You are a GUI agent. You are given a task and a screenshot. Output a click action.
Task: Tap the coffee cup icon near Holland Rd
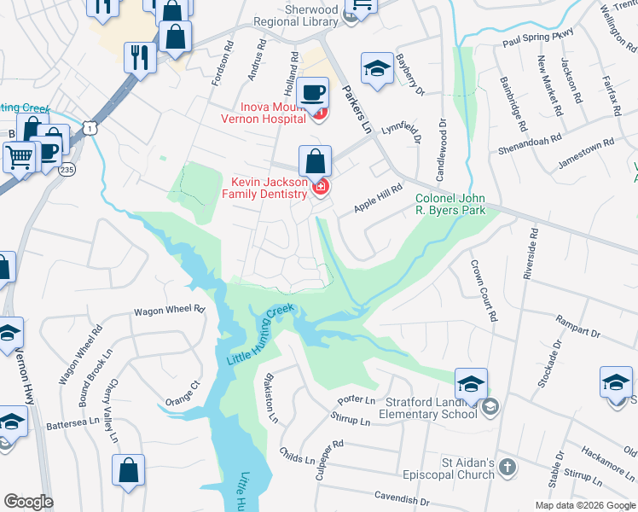pyautogui.click(x=313, y=90)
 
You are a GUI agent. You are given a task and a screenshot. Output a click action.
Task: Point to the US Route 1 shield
pyautogui.click(x=91, y=127)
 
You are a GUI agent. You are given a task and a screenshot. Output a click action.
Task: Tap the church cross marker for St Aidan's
pyautogui.click(x=507, y=467)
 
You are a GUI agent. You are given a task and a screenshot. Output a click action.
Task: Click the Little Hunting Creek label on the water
pyautogui.click(x=260, y=335)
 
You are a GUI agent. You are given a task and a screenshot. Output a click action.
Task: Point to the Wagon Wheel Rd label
pyautogui.click(x=169, y=311)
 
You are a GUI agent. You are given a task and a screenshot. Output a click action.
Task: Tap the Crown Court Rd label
pyautogui.click(x=483, y=289)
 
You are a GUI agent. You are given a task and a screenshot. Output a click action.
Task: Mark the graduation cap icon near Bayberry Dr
pyautogui.click(x=376, y=67)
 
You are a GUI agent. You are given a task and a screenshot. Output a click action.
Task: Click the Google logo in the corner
pyautogui.click(x=28, y=502)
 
